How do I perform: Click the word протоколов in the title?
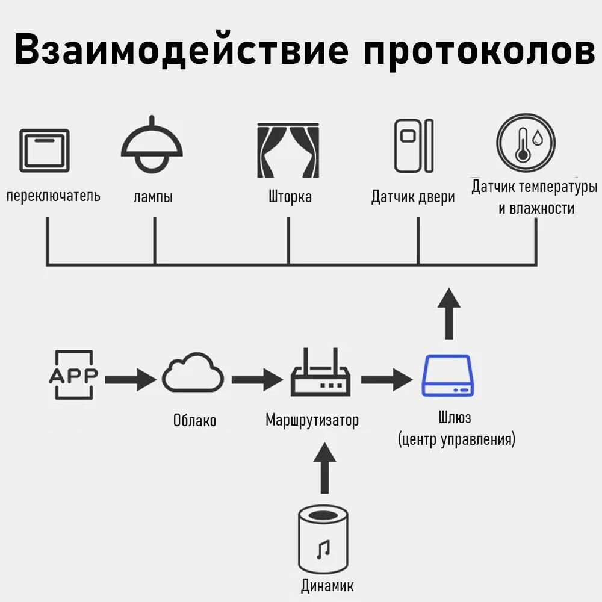tap(479, 51)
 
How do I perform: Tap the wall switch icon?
tap(45, 150)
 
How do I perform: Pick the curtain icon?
tap(288, 150)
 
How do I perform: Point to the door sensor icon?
tap(414, 146)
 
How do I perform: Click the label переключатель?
tap(54, 196)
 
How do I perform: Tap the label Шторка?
tap(290, 197)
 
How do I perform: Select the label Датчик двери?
tap(413, 197)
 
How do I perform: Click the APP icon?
tap(73, 375)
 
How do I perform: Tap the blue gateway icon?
tap(446, 375)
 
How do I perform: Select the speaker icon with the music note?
tap(324, 539)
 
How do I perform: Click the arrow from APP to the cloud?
tap(130, 379)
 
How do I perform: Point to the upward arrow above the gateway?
tap(448, 313)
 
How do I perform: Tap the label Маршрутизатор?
tap(312, 420)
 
